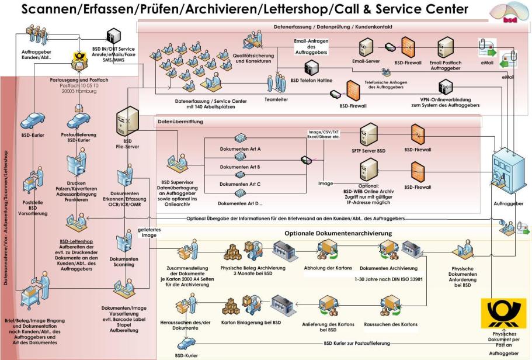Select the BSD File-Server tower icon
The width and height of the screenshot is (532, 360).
(x=127, y=122)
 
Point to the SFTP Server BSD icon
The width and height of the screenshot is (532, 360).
(x=370, y=136)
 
